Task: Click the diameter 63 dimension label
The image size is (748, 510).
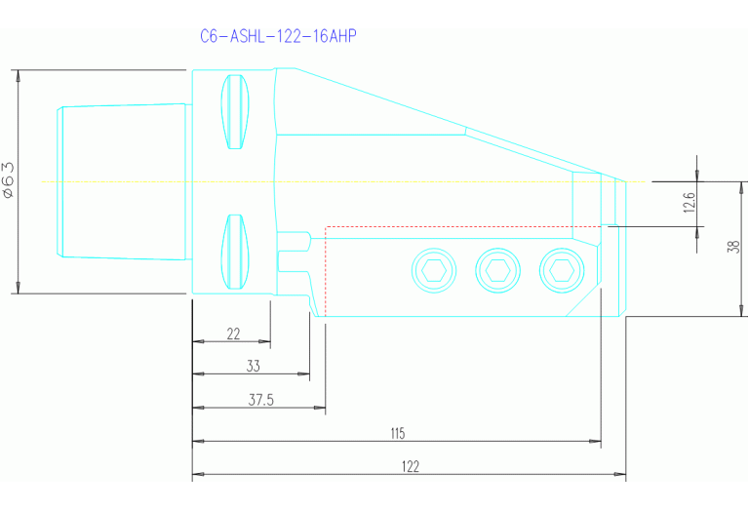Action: [9, 180]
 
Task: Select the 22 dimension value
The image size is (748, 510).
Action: [233, 333]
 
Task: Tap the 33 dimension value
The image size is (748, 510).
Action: [253, 366]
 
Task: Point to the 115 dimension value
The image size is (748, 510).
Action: [397, 433]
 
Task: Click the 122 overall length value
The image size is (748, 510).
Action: [410, 467]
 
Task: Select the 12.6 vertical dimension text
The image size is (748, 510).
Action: [689, 204]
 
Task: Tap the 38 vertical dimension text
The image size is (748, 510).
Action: [733, 248]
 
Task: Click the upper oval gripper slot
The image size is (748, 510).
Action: [234, 111]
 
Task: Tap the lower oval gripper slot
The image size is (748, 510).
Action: [234, 252]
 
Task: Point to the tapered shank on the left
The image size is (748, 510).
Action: [122, 181]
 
